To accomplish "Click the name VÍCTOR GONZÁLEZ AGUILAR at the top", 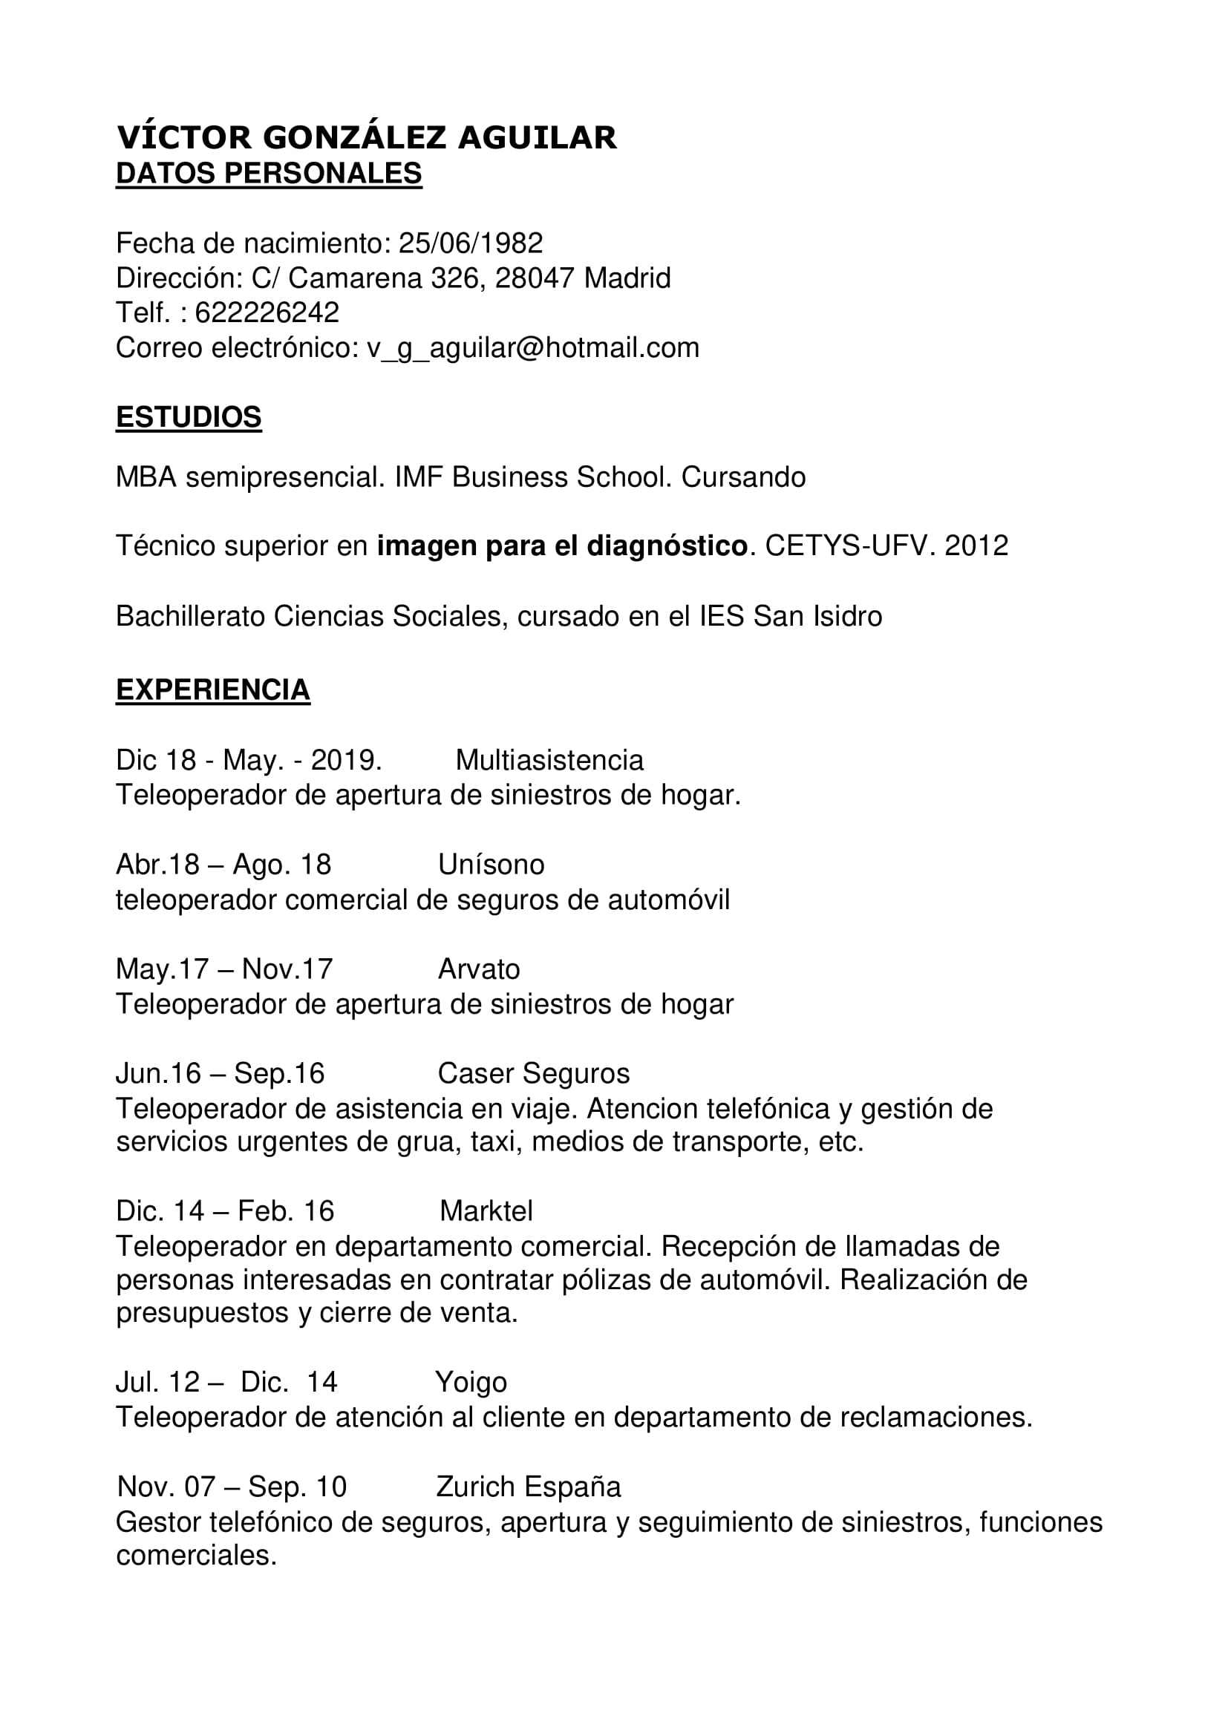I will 367,138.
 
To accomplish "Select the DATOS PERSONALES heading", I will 269,174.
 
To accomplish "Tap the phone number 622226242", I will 267,312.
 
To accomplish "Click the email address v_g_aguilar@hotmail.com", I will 533,348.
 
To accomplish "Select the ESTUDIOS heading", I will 189,417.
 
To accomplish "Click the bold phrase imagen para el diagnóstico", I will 562,546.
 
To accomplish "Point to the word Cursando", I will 743,478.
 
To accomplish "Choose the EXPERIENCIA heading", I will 212,690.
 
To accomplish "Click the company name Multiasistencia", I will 549,761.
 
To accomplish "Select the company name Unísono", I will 491,865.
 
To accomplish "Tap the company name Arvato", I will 479,969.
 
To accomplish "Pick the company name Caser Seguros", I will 533,1074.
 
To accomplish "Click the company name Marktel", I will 486,1211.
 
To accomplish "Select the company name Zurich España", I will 528,1487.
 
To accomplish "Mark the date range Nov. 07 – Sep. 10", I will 232,1487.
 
